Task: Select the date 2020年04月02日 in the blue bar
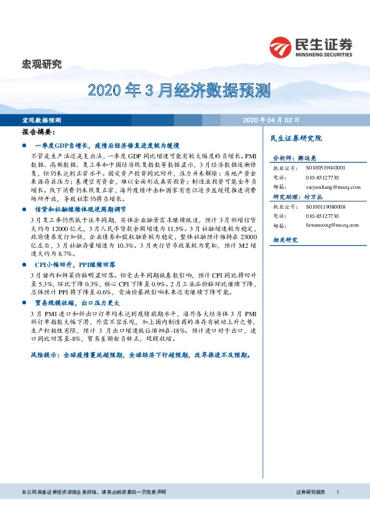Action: click(271, 119)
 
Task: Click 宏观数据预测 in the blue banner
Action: click(42, 119)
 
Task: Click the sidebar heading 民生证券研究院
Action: click(297, 139)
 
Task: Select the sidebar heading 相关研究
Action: click(285, 240)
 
